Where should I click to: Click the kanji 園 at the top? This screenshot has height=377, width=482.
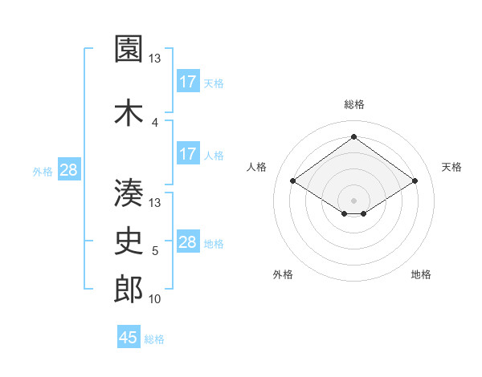(129, 51)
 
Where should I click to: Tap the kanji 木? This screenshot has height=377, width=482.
(129, 112)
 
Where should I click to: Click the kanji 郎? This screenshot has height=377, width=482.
(129, 290)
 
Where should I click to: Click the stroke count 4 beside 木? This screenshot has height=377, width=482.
(155, 123)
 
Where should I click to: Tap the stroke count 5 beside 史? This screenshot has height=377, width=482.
(155, 252)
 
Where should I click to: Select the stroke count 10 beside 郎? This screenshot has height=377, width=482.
(155, 299)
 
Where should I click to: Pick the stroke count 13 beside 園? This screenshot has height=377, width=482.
(155, 59)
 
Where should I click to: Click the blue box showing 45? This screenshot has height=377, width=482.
(129, 338)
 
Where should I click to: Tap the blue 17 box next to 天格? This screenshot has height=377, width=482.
(188, 82)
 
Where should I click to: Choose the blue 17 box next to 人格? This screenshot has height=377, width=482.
(188, 154)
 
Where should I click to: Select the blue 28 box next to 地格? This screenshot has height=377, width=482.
(188, 242)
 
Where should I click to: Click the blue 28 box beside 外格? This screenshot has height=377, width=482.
(68, 170)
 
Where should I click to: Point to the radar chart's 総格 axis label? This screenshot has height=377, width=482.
(353, 104)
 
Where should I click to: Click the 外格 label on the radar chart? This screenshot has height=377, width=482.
(283, 275)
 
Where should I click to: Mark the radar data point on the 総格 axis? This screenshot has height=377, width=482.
(353, 137)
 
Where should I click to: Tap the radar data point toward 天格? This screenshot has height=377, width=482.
(415, 181)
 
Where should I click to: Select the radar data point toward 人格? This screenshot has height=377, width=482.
(293, 181)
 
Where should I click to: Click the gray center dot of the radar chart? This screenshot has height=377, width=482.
(353, 199)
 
